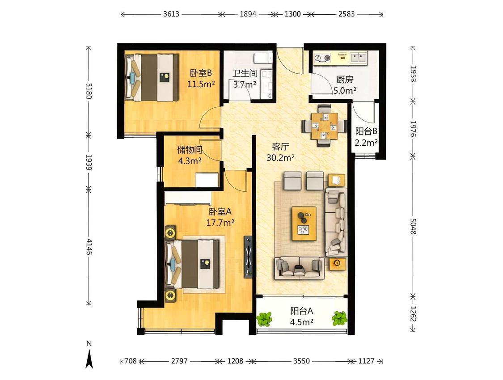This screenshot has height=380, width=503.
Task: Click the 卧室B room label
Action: click(x=201, y=73)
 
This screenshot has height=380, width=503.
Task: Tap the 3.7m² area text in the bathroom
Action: click(x=245, y=84)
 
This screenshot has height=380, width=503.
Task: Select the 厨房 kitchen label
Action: click(x=345, y=79)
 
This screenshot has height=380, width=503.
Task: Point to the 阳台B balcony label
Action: click(x=366, y=131)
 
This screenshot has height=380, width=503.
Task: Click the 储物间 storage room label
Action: click(x=190, y=150)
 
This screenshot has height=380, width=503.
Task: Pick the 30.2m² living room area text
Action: click(x=281, y=158)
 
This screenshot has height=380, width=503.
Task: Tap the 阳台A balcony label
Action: click(x=301, y=311)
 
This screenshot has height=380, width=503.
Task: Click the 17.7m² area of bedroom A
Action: click(x=220, y=223)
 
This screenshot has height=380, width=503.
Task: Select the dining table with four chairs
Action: click(x=324, y=126)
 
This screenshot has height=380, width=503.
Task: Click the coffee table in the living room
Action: click(x=304, y=224)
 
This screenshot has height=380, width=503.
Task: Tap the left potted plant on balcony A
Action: click(x=264, y=319)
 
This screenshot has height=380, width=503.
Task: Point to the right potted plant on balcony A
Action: click(x=339, y=318)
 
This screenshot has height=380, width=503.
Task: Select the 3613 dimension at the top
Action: click(x=171, y=14)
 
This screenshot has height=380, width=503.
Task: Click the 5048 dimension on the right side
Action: click(x=413, y=226)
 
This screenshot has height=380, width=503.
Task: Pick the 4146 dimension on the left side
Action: click(x=89, y=247)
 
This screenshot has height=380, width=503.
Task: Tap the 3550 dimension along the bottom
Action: click(x=301, y=361)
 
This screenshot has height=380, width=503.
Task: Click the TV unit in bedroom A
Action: click(x=248, y=257)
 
